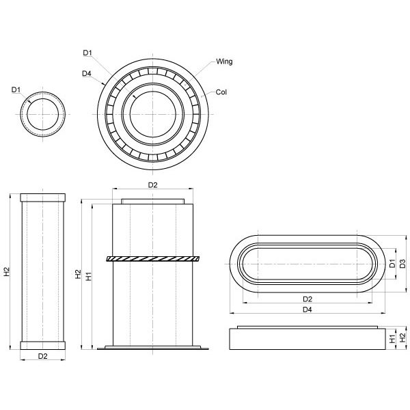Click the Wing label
pos(225,61)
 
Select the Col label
pos(221,92)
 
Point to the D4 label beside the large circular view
pos(87,73)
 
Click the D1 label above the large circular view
pos(87,53)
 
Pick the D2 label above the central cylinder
pos(153,185)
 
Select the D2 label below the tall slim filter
pos(42,356)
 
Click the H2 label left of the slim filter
pos(7,271)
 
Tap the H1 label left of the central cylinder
pos(89,276)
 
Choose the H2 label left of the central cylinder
pos(79,273)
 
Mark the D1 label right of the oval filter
pos(392,264)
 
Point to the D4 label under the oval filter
pos(307,310)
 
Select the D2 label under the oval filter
pos(307,299)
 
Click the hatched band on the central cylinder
pos(153,258)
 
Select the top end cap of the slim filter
pos(44,197)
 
